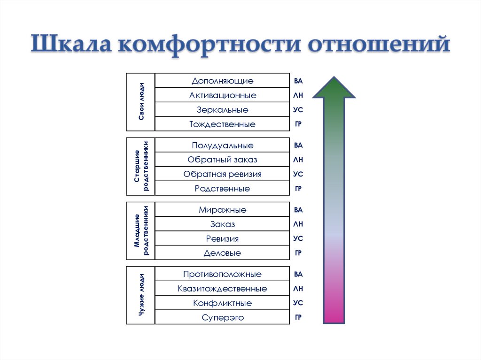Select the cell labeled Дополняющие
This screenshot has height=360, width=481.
tap(222, 81)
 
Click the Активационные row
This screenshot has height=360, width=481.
tap(222, 95)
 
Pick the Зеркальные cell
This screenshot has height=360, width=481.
tap(222, 110)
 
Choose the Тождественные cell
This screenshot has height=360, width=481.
tap(222, 124)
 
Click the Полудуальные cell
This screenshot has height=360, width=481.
tap(222, 146)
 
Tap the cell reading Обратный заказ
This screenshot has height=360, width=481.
tap(222, 160)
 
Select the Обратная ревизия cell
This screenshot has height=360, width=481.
tap(222, 174)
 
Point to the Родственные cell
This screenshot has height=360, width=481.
tap(222, 189)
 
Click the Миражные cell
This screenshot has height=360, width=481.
tap(222, 210)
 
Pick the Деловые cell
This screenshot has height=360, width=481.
tap(222, 253)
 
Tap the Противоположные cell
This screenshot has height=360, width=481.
tap(222, 274)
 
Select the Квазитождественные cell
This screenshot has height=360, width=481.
tap(222, 289)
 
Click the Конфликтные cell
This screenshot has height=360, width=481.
tap(222, 303)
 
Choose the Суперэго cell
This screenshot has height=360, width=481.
tap(222, 318)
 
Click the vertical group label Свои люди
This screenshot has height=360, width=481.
tap(141, 102)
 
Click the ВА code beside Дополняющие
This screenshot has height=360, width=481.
tap(298, 81)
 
